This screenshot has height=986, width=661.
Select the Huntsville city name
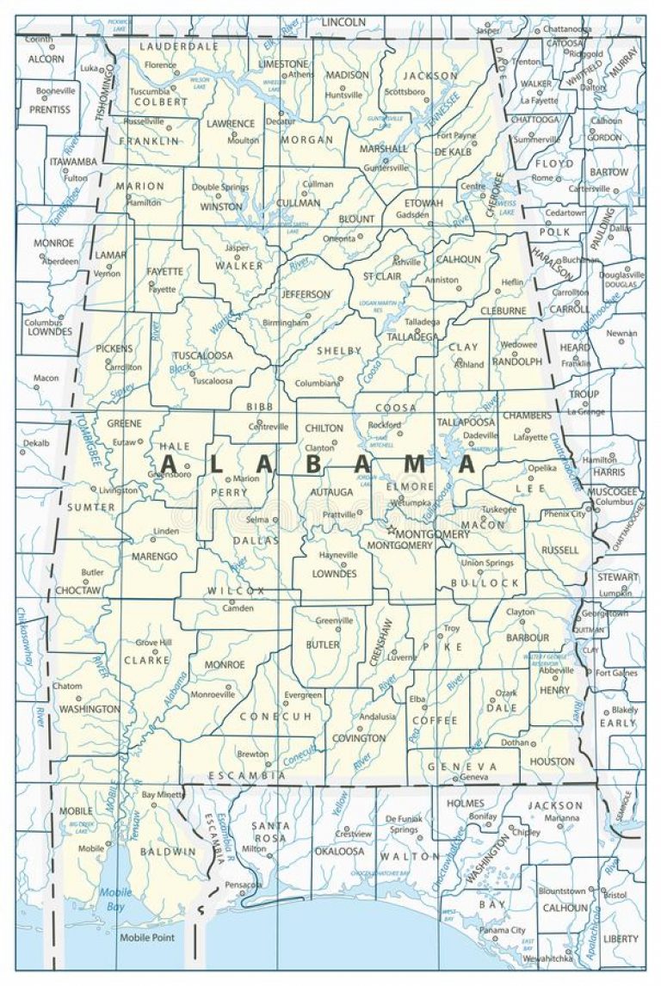(344, 95)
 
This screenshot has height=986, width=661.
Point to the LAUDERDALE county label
(179, 46)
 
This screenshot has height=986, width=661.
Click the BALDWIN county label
(172, 852)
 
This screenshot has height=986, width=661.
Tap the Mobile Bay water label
(115, 900)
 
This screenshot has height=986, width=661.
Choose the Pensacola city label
(244, 884)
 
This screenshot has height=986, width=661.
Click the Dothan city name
(516, 742)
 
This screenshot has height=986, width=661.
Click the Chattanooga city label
(566, 28)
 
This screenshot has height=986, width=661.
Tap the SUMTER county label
(91, 508)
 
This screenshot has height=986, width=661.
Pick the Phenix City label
(564, 514)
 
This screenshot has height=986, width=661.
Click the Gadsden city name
(411, 215)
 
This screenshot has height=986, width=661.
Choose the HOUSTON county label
(552, 761)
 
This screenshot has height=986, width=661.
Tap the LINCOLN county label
(344, 21)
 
